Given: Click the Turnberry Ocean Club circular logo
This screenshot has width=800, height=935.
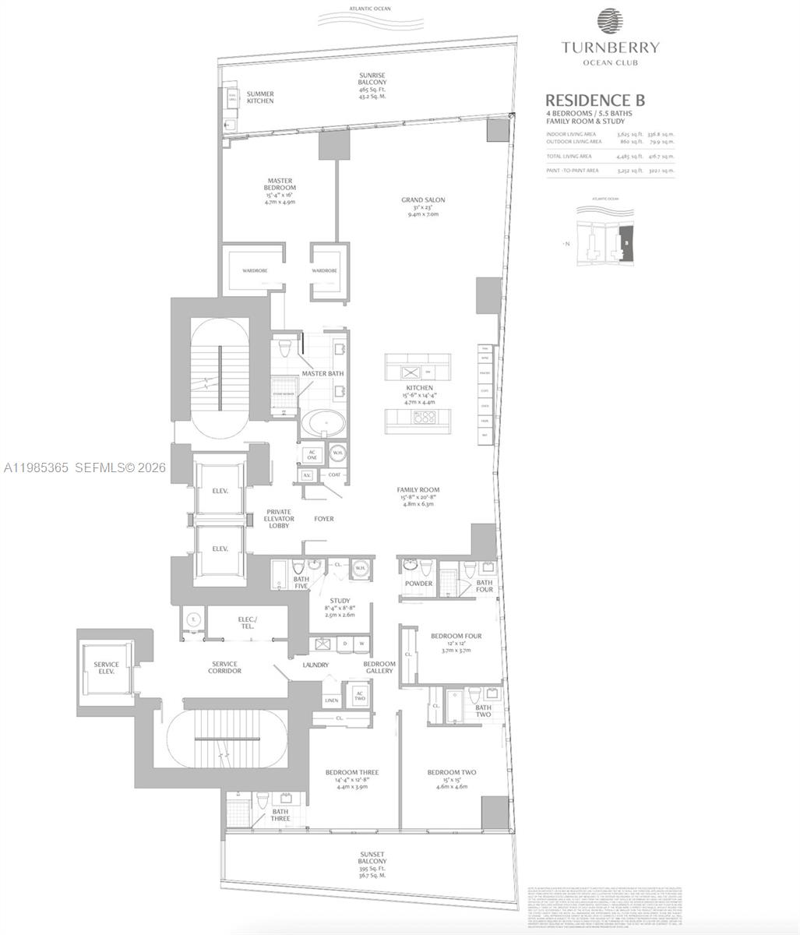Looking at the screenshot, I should click(x=610, y=21).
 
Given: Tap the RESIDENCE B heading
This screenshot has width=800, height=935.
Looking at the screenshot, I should click(x=594, y=100).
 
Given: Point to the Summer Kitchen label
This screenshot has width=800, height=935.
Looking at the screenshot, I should click(x=260, y=97).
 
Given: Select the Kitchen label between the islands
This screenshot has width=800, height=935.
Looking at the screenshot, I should click(x=419, y=387).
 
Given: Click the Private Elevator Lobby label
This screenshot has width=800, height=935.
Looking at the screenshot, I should click(x=278, y=519).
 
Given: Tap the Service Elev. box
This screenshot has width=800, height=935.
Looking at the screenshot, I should click(x=106, y=667).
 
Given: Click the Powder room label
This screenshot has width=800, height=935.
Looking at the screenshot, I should click(x=418, y=584).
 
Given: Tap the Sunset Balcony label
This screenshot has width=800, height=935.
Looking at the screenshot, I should click(x=372, y=863).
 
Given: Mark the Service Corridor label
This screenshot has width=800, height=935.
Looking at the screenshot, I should click(x=225, y=667).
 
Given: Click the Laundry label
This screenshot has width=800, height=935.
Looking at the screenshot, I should click(x=315, y=665).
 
